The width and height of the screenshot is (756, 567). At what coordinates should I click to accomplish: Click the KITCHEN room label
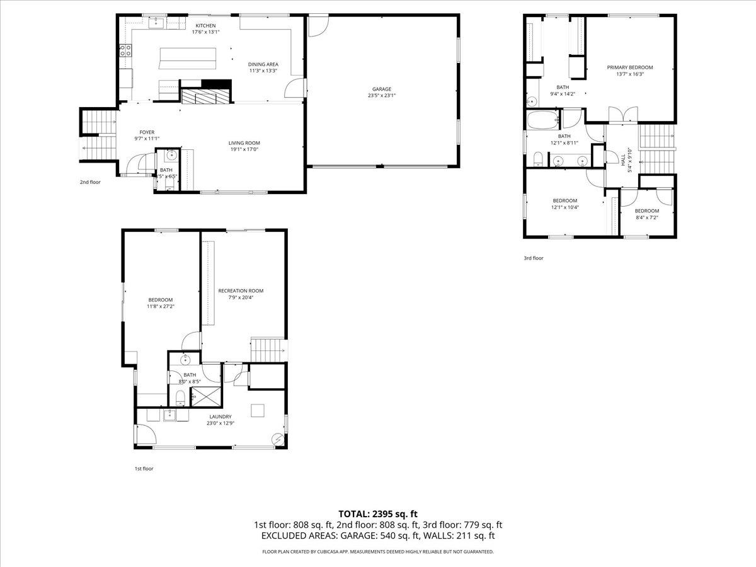click(205, 25)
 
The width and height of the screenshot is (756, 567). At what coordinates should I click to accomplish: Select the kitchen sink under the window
click(157, 23)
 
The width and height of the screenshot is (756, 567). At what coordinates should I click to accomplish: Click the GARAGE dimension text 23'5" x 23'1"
click(382, 96)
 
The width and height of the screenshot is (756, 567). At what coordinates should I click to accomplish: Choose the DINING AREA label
click(263, 64)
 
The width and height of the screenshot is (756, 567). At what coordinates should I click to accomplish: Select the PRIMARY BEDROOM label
click(630, 67)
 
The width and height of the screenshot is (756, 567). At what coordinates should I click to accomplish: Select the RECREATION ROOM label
click(241, 290)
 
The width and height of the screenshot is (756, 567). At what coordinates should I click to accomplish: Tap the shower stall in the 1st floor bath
click(205, 396)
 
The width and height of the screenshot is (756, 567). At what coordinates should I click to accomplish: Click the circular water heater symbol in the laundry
click(277, 439)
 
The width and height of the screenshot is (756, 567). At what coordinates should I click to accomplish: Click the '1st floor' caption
click(144, 469)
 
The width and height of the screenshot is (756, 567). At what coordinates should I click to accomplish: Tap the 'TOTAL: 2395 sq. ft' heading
click(378, 513)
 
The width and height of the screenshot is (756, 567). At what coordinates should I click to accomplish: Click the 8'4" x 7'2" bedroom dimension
click(647, 218)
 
